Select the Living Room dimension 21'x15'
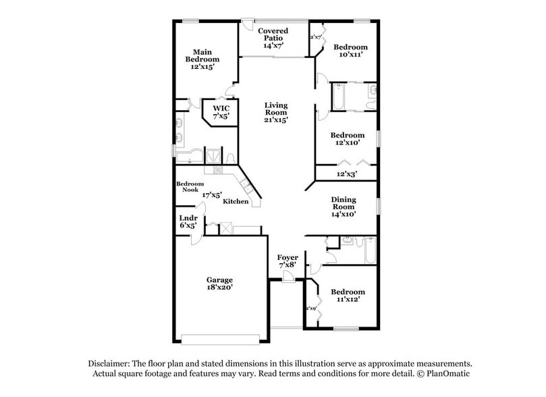coord(276,120)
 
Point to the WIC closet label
coord(221,108)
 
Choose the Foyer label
coord(288,257)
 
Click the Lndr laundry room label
coord(188,218)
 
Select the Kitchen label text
coord(236,202)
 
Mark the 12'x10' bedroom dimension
coord(348,142)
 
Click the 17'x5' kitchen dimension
coord(212,194)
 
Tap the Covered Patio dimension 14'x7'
coord(273,46)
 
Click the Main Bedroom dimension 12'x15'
coord(202,67)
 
